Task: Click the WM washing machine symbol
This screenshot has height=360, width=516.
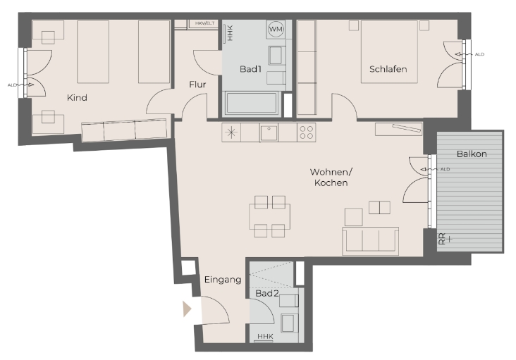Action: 276,29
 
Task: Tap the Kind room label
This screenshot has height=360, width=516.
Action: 77,98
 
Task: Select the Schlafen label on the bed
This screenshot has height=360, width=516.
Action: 388,69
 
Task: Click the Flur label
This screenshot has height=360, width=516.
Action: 197,85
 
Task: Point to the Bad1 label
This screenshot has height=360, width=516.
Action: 250,69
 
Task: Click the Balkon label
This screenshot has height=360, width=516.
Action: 472,154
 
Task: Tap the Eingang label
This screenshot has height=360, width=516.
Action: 223,280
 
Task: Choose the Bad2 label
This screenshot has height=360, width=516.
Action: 267,293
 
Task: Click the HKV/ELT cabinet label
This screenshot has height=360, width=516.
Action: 204,23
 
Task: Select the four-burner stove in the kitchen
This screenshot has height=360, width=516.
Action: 307,132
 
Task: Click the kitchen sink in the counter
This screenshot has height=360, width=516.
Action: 269,133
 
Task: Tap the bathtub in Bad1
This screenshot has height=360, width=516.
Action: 252,104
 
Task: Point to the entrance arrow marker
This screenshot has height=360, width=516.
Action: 187,309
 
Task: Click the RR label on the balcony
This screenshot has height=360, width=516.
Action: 443,239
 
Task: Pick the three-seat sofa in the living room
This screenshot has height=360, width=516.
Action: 371,241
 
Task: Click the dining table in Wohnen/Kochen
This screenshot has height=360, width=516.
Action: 269,216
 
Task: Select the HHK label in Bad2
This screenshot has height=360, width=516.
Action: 265,336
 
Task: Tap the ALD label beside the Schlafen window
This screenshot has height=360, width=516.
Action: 480,54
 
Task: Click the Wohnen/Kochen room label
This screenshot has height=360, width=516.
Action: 331,178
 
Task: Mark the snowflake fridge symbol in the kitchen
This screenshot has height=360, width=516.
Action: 231,133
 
